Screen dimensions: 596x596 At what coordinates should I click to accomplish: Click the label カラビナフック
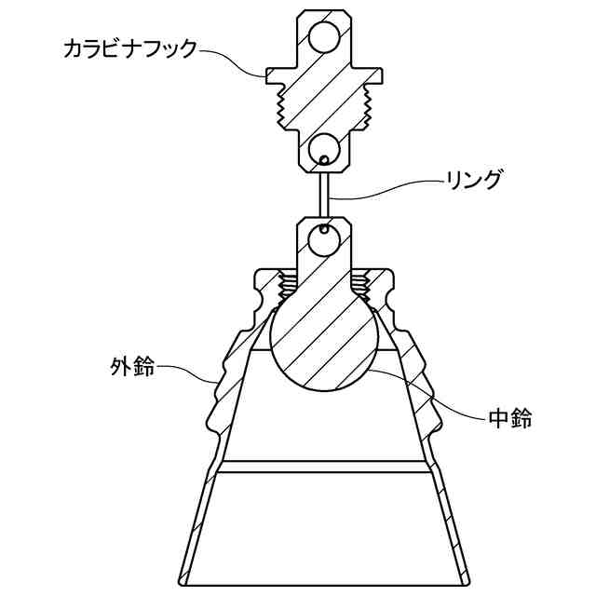[130, 48]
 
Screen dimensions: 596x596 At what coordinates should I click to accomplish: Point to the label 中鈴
[509, 419]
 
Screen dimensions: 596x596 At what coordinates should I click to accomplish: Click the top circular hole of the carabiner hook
[327, 36]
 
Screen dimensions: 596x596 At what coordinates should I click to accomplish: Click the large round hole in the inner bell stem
[326, 241]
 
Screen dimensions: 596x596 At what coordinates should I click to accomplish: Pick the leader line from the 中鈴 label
[438, 396]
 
